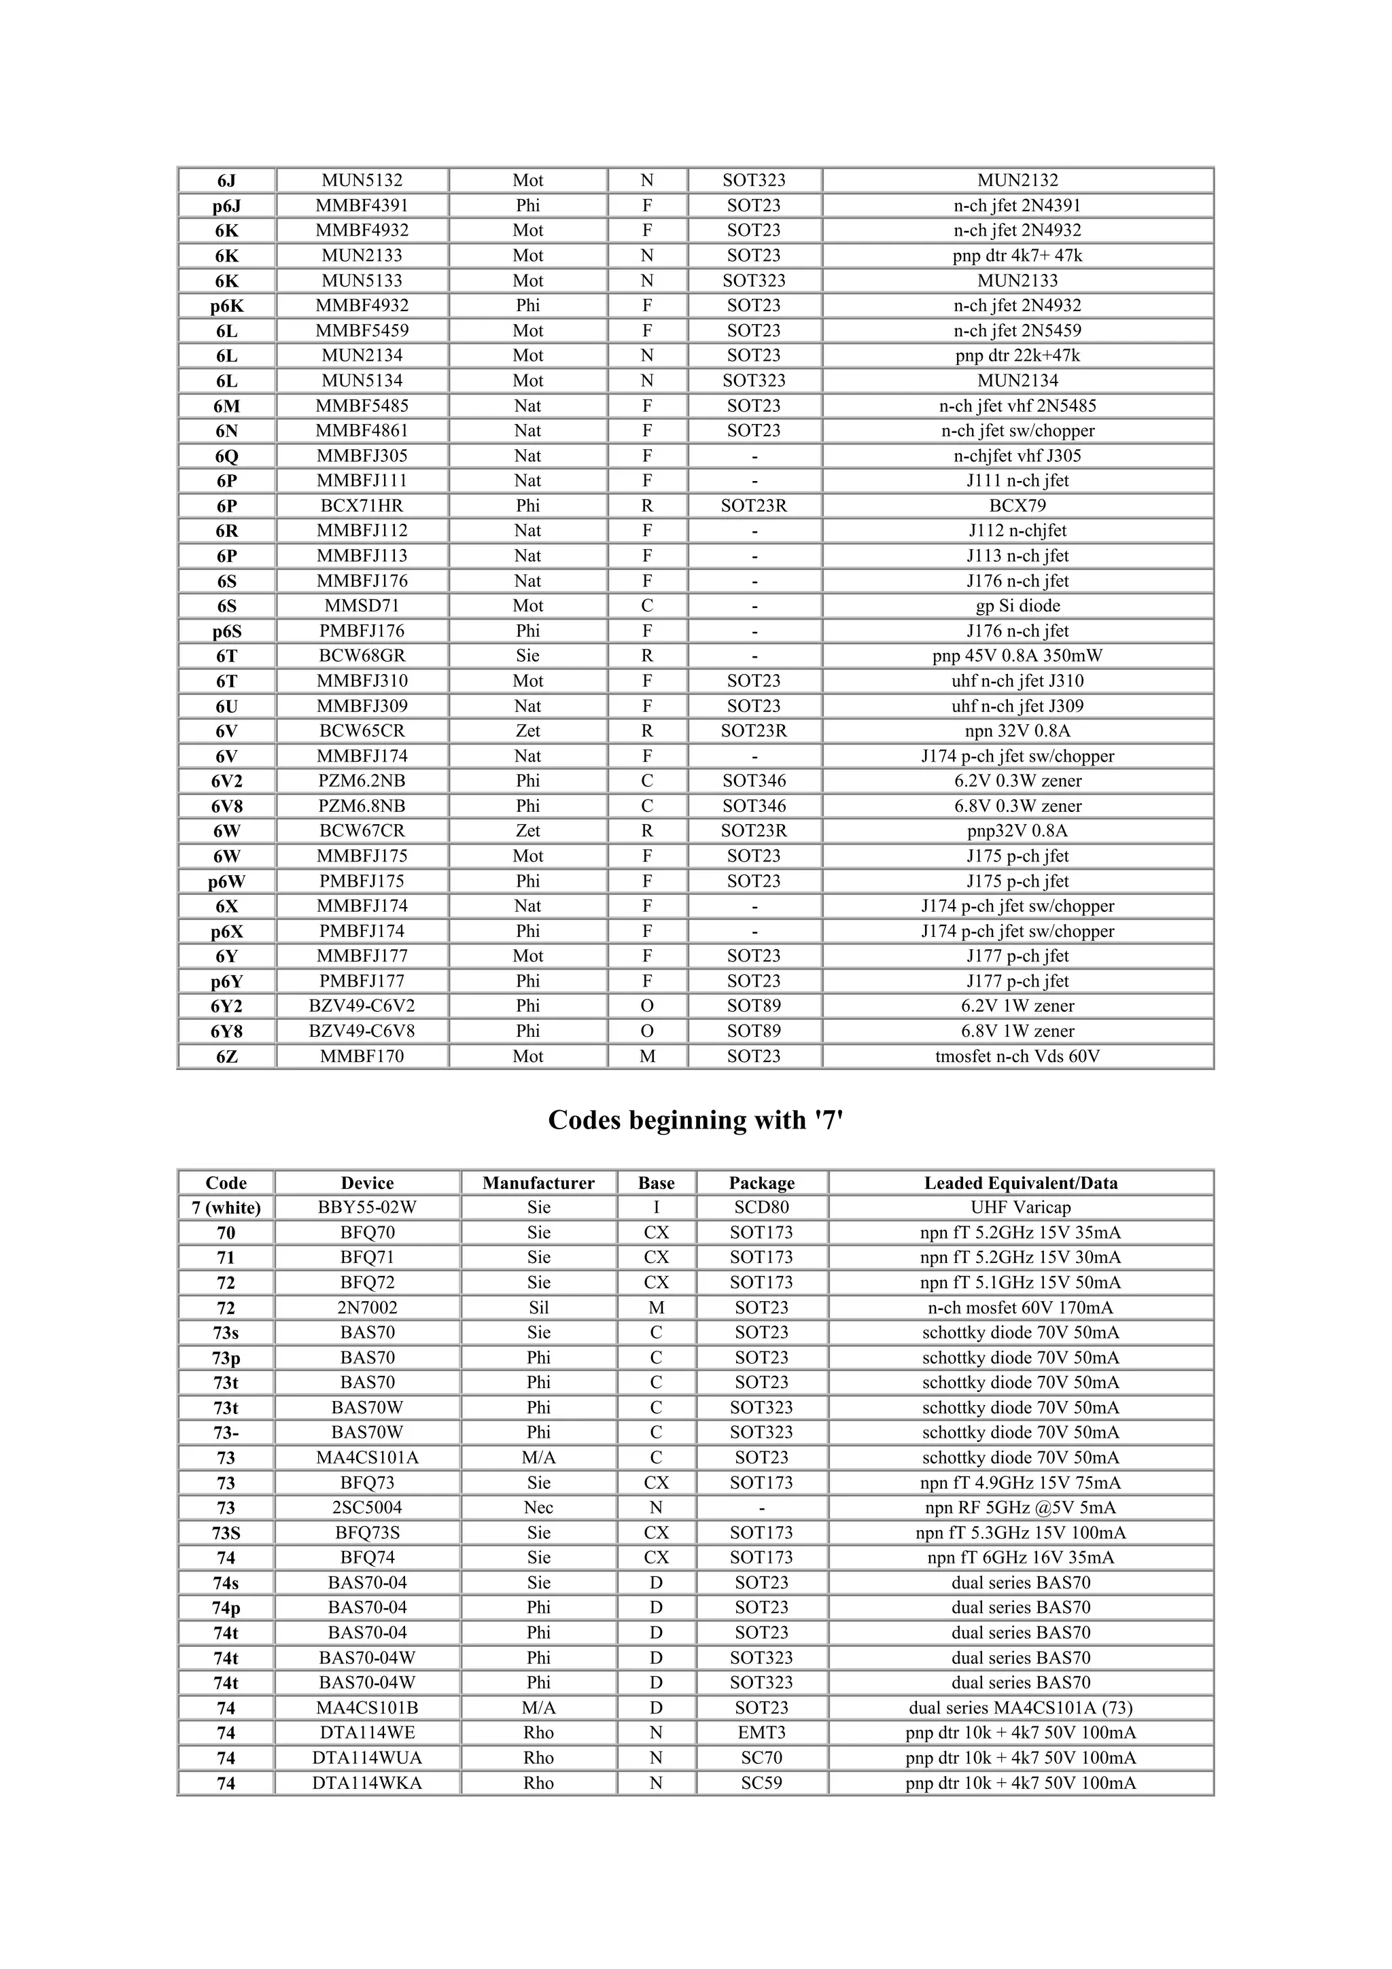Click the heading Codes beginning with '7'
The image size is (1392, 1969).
(x=695, y=1120)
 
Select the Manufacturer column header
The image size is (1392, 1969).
(x=538, y=1183)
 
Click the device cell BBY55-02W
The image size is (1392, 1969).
(x=367, y=1207)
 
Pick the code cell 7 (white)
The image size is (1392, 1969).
(x=226, y=1207)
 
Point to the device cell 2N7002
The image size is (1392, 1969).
(x=367, y=1308)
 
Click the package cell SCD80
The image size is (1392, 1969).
(x=762, y=1207)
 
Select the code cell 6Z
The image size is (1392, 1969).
(x=226, y=1057)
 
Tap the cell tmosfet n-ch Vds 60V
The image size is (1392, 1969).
(x=1017, y=1057)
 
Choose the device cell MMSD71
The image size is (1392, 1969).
(x=362, y=605)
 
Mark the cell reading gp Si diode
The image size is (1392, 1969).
(x=1017, y=605)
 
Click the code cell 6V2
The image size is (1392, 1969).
(x=226, y=781)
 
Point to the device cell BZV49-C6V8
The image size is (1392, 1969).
(x=362, y=1031)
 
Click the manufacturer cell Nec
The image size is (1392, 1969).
(x=538, y=1508)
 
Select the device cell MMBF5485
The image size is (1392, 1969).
(x=362, y=406)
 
